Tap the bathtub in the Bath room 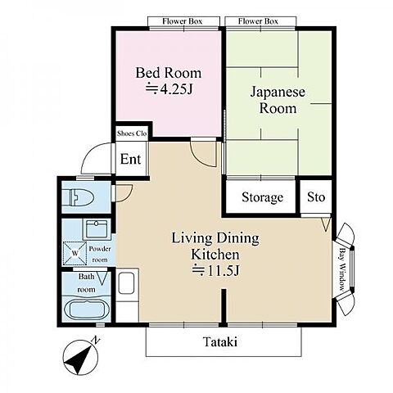[85, 309]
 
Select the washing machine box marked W [75, 253]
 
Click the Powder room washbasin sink [97, 229]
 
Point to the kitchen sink [127, 283]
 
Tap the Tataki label [220, 341]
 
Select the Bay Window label [341, 269]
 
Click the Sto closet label [316, 197]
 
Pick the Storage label [262, 197]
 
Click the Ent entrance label [130, 159]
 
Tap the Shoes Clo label [132, 133]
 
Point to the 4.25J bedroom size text [169, 89]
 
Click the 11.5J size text [215, 271]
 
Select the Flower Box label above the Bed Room [183, 21]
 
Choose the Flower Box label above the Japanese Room [258, 21]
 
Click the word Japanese [278, 92]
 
